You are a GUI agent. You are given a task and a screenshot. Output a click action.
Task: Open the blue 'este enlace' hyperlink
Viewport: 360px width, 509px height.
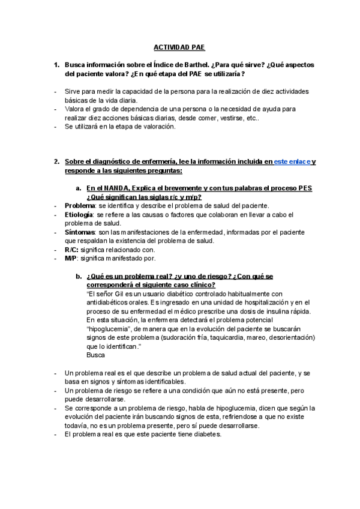pyautogui.click(x=292, y=162)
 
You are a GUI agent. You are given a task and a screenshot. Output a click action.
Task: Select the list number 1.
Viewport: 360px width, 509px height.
pyautogui.click(x=56, y=64)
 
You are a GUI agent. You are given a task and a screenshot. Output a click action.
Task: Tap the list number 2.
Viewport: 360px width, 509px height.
pyautogui.click(x=56, y=162)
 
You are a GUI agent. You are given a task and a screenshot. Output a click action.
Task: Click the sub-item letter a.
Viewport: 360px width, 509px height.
pyautogui.click(x=79, y=188)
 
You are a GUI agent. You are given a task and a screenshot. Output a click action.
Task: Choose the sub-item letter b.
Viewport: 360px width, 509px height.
pyautogui.click(x=79, y=276)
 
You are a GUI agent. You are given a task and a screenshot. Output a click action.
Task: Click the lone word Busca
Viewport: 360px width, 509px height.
pyautogui.click(x=97, y=355)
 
